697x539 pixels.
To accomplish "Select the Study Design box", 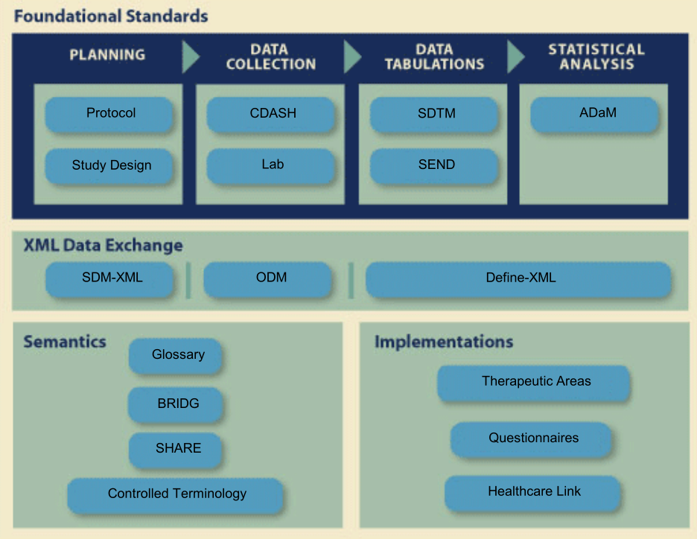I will coord(109,166).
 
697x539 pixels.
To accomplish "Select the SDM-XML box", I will coord(110,279).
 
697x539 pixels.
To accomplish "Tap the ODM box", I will coord(268,279).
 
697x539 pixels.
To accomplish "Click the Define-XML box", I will coord(519,279).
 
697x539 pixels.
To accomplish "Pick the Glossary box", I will coord(176,356).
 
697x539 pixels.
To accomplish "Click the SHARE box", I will coord(176,449).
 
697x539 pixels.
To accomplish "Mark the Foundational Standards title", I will coord(111,16).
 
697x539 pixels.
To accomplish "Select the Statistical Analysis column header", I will coord(596,57).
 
